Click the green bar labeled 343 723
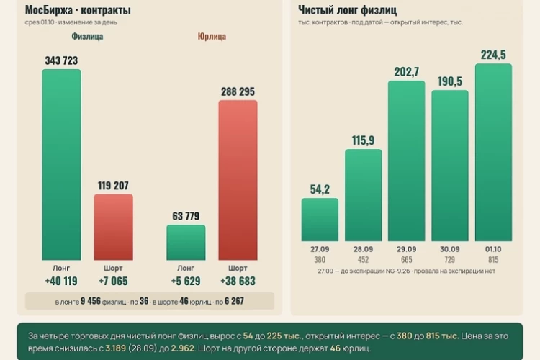(x=62, y=165)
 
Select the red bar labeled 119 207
(x=114, y=227)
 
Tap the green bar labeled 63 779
(x=186, y=243)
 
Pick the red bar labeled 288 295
(x=238, y=180)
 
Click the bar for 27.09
(x=320, y=220)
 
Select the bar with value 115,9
(x=364, y=195)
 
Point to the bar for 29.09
(x=407, y=161)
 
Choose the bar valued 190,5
(x=450, y=166)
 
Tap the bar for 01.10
(x=493, y=152)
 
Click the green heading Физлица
(x=87, y=36)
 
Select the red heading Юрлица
(x=212, y=36)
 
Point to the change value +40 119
(x=61, y=281)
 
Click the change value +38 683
(x=238, y=281)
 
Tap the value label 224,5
(x=493, y=55)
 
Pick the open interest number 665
(x=407, y=260)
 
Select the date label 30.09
(x=450, y=249)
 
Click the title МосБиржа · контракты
(x=78, y=10)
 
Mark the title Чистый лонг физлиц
(x=348, y=10)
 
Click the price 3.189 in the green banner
(x=116, y=348)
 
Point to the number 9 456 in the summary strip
(x=91, y=301)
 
